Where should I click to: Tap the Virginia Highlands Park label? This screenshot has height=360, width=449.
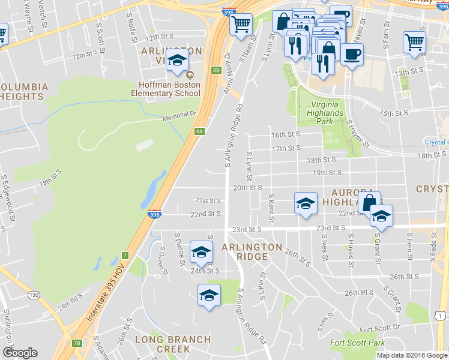(325, 112)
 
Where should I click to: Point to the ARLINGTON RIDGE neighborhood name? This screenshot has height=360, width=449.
(252, 252)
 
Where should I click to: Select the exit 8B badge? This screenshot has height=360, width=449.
(217, 70)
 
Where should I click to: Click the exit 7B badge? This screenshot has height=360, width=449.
(76, 343)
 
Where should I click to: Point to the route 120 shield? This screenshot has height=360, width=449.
(34, 295)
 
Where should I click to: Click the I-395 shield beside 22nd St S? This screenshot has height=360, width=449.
(154, 214)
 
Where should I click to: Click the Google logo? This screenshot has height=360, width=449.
(20, 353)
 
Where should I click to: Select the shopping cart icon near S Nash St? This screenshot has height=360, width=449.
(241, 25)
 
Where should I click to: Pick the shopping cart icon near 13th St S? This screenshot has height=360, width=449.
(414, 43)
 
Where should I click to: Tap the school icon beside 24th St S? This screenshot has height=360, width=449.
(201, 252)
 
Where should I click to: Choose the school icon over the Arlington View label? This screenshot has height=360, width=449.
(177, 61)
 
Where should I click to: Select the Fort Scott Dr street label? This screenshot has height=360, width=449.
(379, 328)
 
